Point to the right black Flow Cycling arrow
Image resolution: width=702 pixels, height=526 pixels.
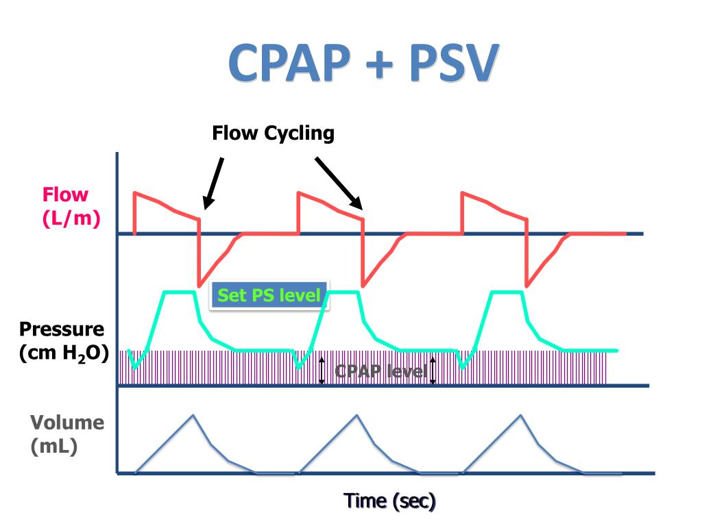coord(339,182)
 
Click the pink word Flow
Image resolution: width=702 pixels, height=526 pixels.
coord(66,195)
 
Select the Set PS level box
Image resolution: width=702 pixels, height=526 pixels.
coord(269,295)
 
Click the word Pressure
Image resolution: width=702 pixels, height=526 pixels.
coord(62,329)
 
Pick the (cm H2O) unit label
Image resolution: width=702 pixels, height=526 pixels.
coord(64,353)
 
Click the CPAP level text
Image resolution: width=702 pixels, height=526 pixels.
coord(380,371)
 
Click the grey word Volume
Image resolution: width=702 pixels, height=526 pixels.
coord(66,423)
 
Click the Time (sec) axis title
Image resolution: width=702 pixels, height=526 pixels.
coord(390,501)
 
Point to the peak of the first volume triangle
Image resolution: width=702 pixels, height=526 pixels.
coord(193,415)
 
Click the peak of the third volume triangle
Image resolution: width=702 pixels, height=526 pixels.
coord(521,415)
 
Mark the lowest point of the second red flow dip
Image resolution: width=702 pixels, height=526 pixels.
coord(363,286)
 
